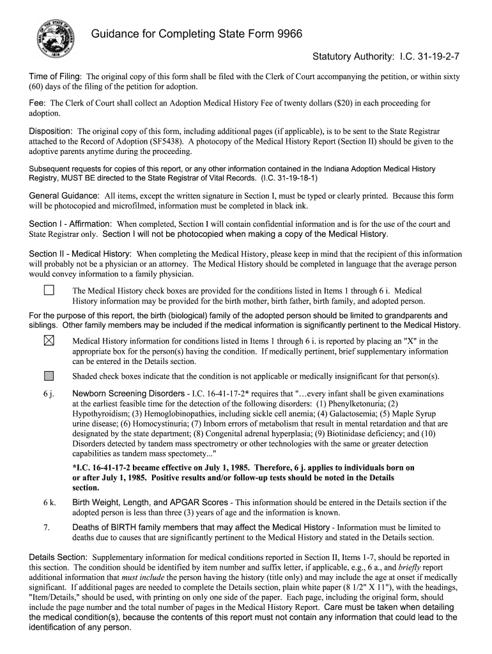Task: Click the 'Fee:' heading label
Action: pos(38,103)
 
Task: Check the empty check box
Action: pos(49,291)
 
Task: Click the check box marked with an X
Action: pos(49,341)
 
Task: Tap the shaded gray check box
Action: pos(49,376)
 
